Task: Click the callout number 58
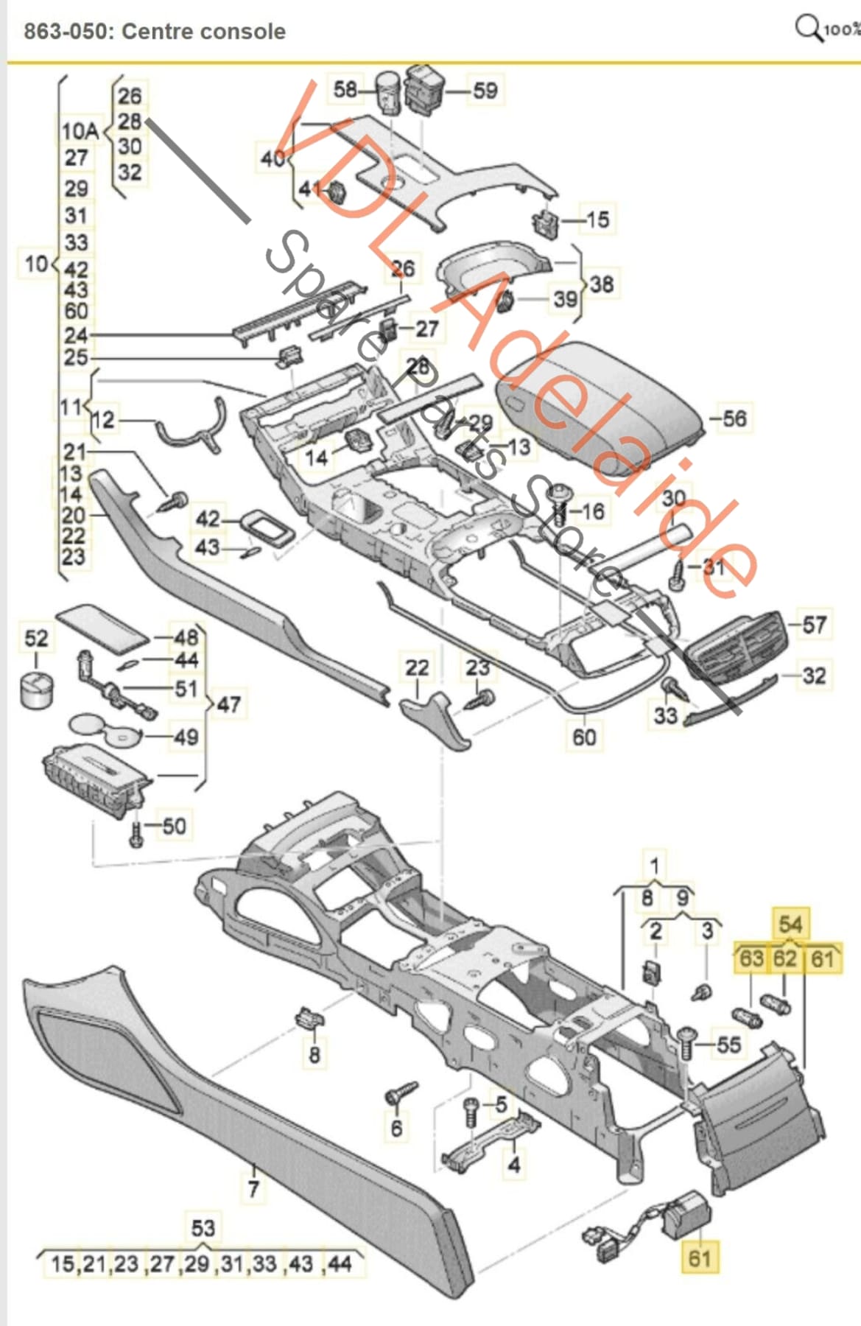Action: [345, 90]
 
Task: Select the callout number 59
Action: [485, 91]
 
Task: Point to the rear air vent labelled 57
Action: [732, 646]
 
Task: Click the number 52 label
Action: [35, 638]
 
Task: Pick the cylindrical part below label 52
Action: [36, 690]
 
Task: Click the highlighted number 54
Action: [790, 924]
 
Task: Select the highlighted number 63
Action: [751, 958]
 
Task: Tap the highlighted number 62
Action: [785, 958]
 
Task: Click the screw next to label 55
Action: [686, 1043]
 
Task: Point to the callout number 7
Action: [253, 1188]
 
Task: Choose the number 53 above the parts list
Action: [203, 1228]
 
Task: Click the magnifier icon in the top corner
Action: [807, 28]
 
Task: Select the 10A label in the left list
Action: [80, 131]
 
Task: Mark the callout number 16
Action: [592, 511]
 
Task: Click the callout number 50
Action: [174, 826]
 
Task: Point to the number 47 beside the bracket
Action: [228, 704]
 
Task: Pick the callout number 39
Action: [565, 299]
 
